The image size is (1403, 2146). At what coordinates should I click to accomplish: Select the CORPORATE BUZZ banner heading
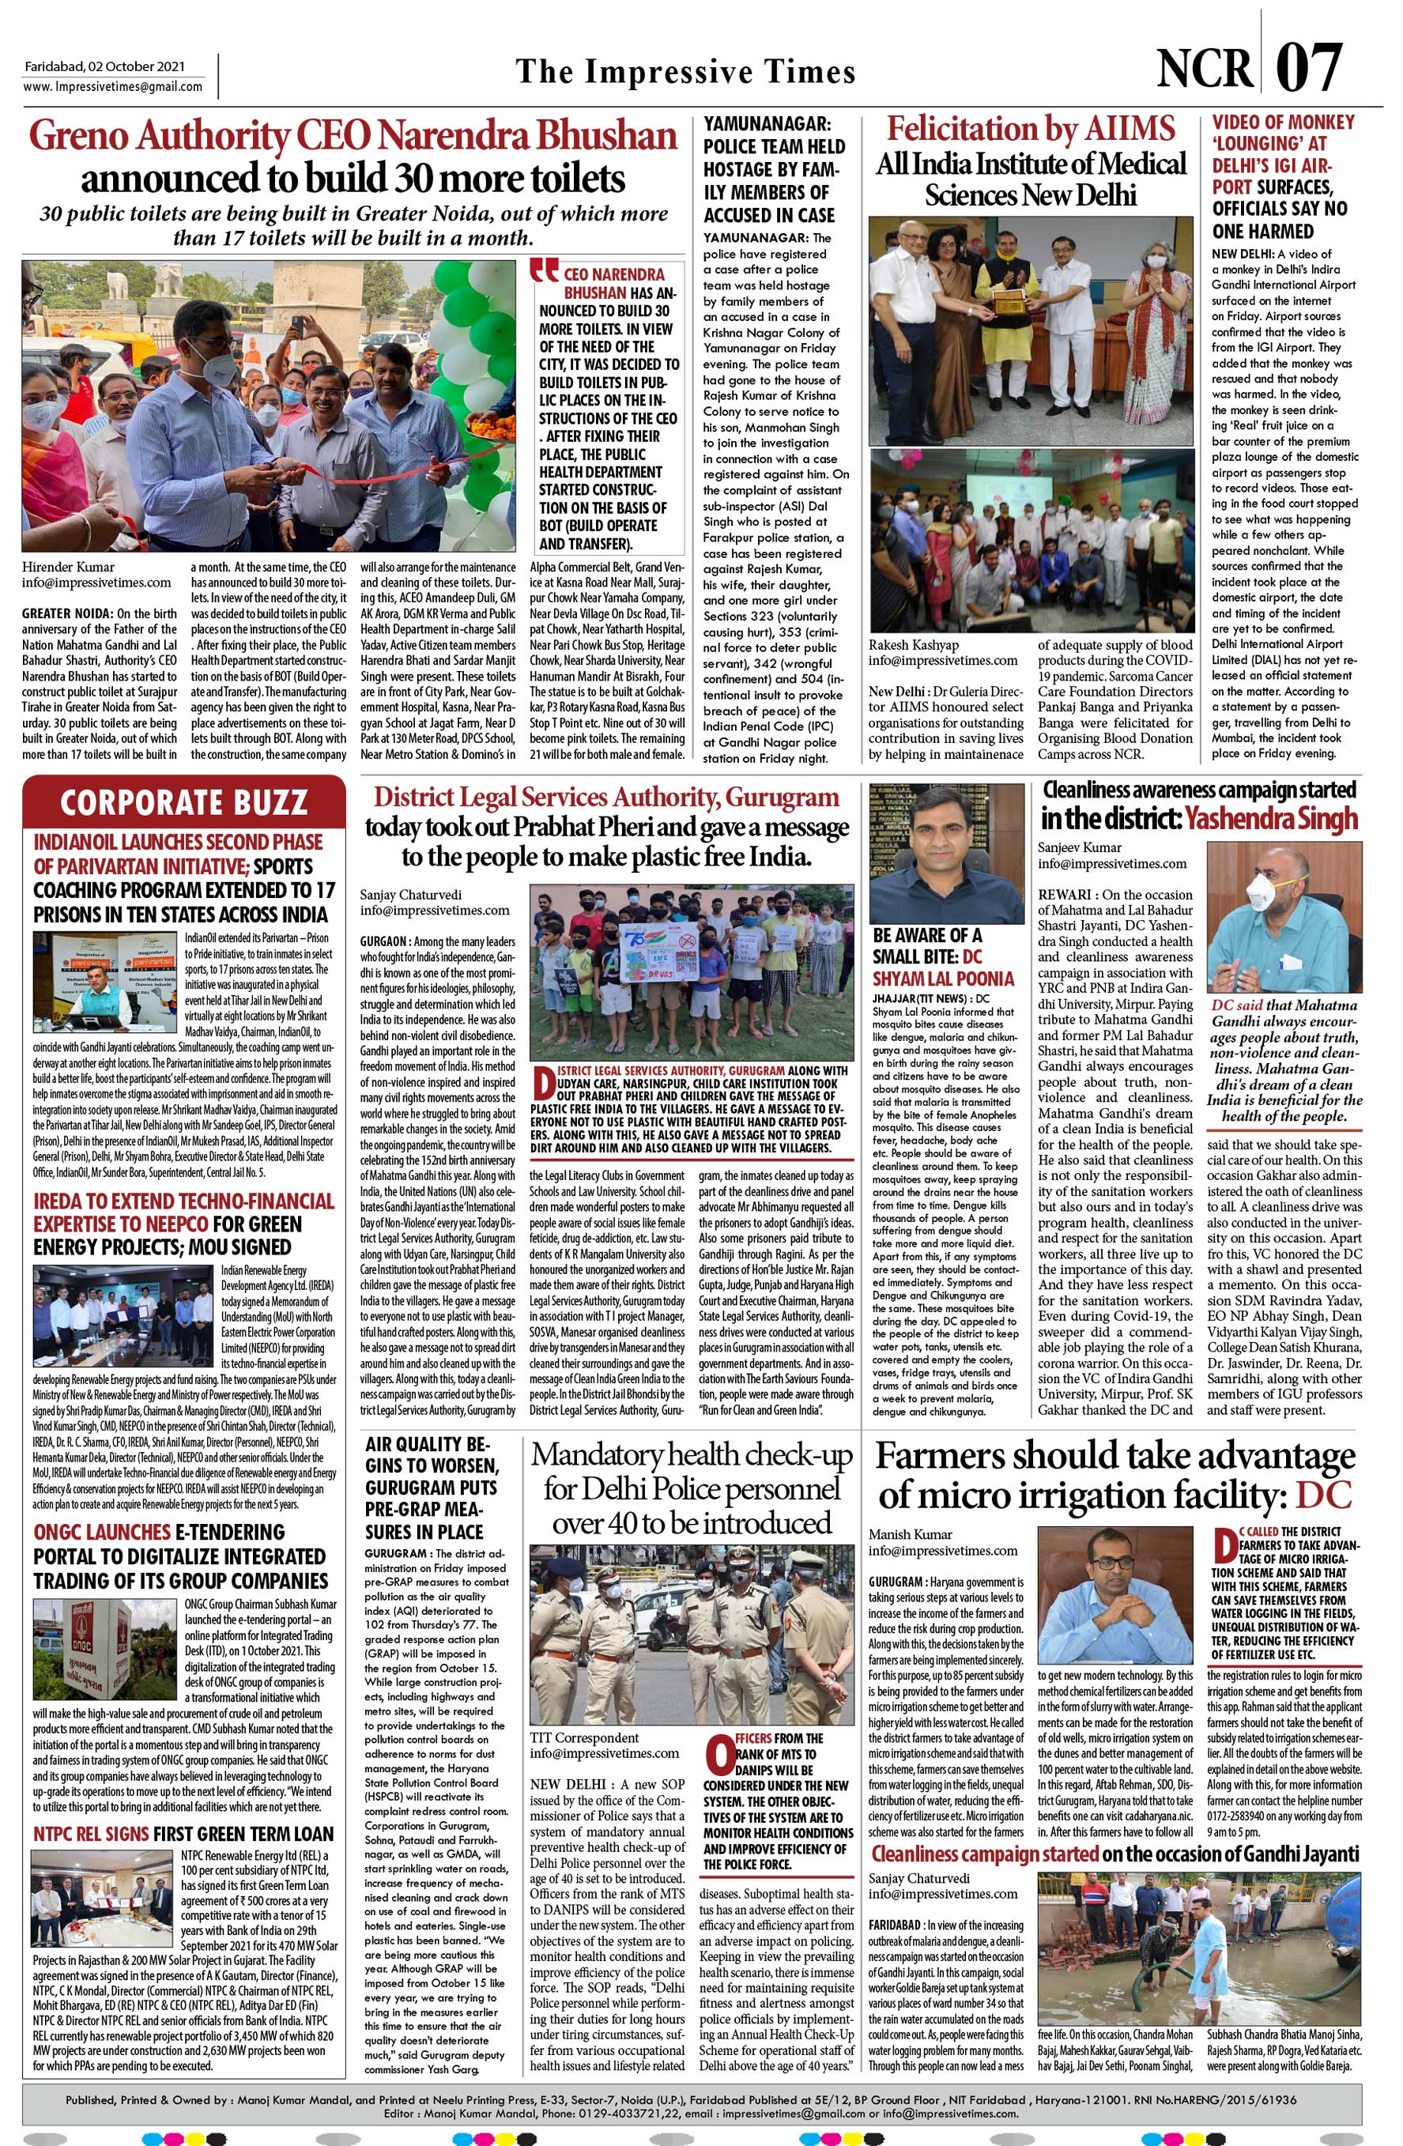184,801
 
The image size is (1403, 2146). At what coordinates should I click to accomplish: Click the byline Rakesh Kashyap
915,645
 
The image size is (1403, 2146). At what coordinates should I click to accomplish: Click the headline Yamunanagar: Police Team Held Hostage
774,169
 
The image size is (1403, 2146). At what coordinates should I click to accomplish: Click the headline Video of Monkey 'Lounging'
1282,175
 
